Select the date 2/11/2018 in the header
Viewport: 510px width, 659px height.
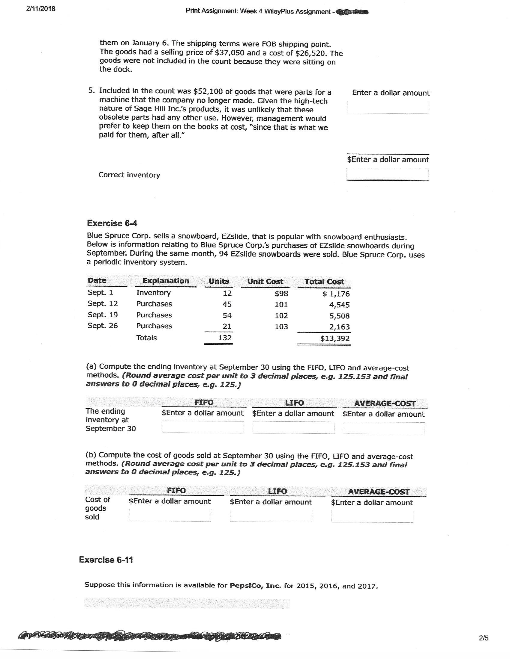(41, 9)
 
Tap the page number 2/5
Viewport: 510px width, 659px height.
(483, 638)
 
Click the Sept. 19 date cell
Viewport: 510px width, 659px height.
(102, 315)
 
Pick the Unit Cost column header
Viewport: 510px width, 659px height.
(265, 282)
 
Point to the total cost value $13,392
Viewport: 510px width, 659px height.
(335, 338)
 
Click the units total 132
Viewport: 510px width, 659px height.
(225, 338)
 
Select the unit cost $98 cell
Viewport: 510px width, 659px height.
(281, 294)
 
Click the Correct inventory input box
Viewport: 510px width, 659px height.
(387, 174)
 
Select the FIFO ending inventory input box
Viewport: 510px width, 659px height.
(203, 427)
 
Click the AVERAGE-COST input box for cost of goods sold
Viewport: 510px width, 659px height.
(372, 516)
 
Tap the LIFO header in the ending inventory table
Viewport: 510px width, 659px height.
(294, 403)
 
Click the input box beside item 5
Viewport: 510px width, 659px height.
(388, 107)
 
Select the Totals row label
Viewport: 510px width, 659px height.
(146, 338)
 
